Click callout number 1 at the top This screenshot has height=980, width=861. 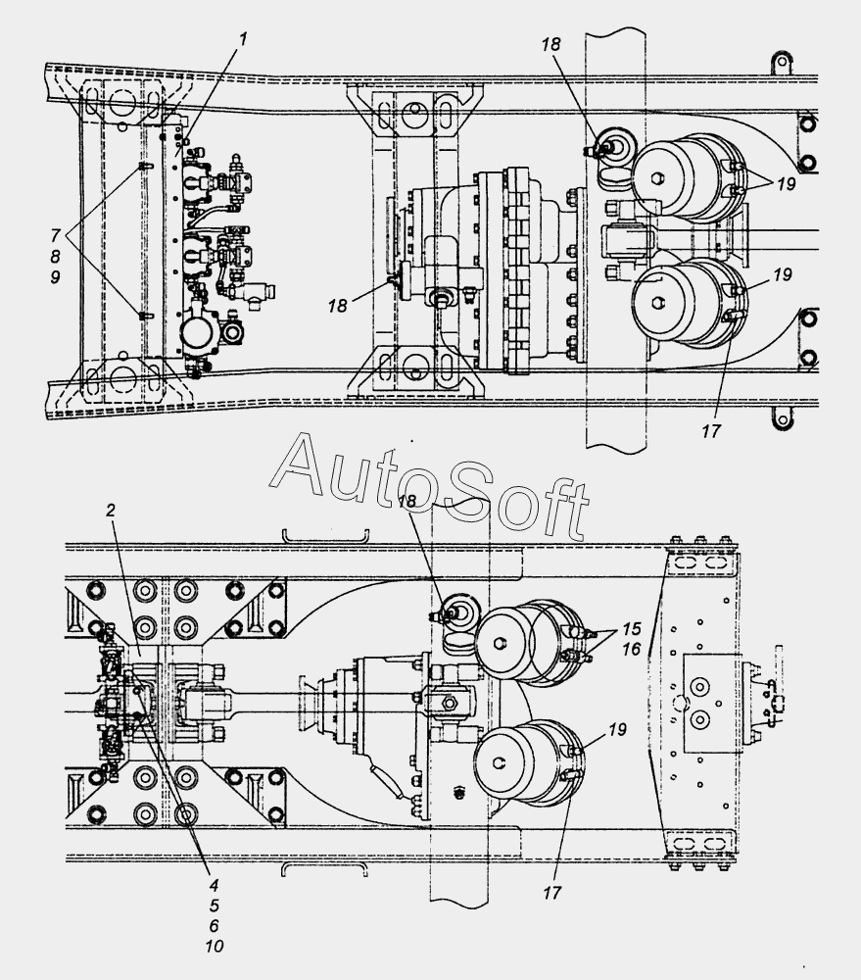point(243,39)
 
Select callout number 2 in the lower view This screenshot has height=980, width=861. point(111,510)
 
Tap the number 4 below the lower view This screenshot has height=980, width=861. point(214,885)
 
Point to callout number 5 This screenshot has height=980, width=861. point(214,905)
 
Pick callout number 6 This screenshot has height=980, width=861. point(214,925)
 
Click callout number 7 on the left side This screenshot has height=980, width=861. point(55,235)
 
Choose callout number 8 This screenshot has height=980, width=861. point(55,256)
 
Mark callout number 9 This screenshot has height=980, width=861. point(55,277)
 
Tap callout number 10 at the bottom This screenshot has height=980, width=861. point(214,947)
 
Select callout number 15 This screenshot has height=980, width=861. point(632,628)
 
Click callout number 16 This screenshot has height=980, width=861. point(632,650)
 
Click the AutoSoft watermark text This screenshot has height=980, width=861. point(430,486)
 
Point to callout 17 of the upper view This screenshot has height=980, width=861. point(711,430)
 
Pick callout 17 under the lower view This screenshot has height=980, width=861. point(552,893)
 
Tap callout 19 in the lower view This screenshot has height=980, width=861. point(617,729)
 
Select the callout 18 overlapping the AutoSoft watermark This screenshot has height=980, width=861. point(407,501)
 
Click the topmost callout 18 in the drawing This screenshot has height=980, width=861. point(551,44)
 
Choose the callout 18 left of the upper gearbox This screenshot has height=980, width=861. point(337,306)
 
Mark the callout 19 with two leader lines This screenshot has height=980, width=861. point(786,184)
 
